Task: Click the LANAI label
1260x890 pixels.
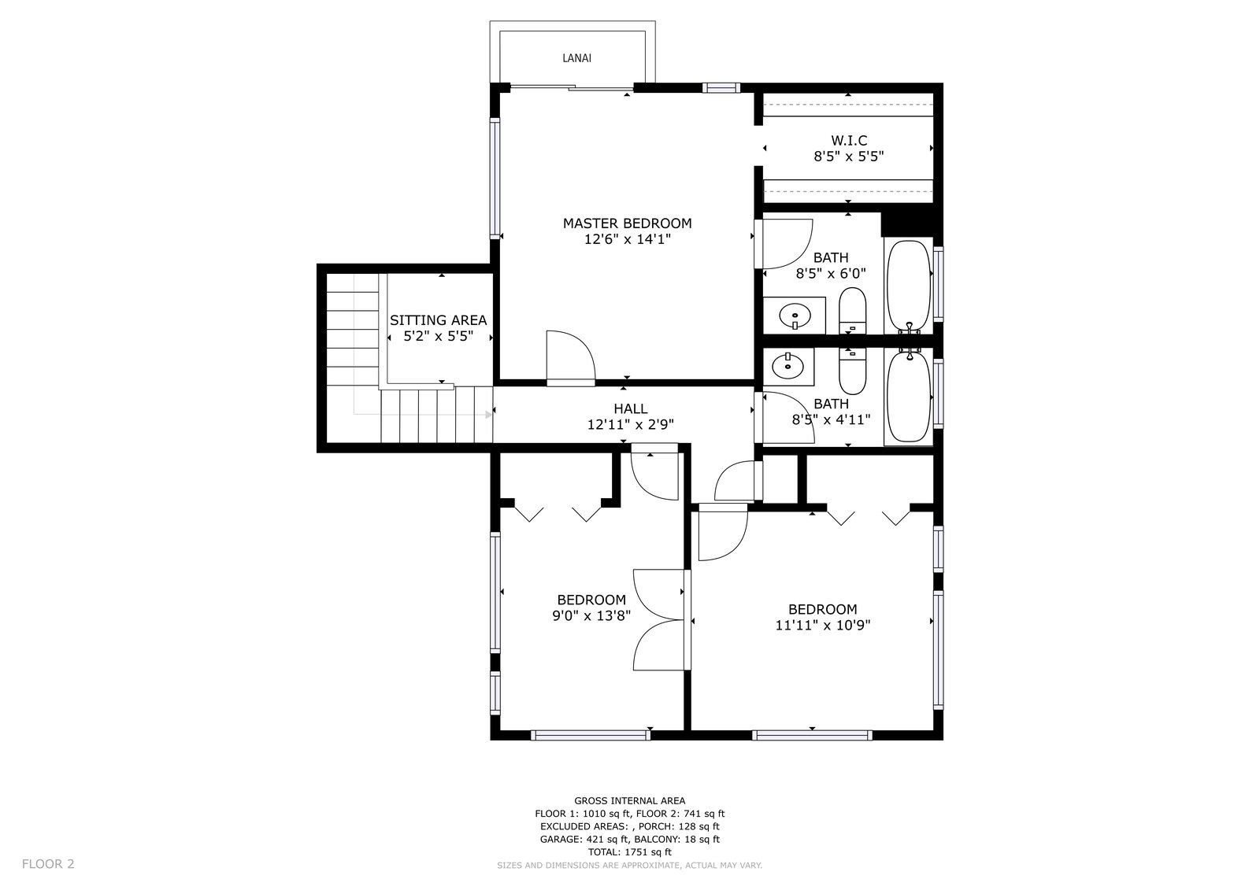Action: tap(576, 58)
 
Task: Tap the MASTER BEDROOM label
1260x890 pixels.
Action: tap(627, 223)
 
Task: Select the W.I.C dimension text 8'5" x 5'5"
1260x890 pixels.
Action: tap(849, 157)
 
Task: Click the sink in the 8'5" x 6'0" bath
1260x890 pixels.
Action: tap(795, 315)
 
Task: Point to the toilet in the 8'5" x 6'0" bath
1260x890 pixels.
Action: tap(852, 311)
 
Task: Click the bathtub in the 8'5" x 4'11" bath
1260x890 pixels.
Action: tap(909, 396)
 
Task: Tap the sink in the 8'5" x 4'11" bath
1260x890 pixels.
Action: tap(787, 367)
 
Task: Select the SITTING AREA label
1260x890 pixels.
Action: tap(438, 320)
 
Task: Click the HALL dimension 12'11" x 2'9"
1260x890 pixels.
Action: tap(631, 424)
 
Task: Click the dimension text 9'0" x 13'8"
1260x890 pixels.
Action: tap(591, 615)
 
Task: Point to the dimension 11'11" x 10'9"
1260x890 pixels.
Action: tap(823, 625)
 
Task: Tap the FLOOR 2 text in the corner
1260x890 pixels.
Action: tap(48, 864)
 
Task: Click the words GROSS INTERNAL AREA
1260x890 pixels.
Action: tap(629, 800)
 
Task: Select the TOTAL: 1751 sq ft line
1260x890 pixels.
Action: tap(629, 852)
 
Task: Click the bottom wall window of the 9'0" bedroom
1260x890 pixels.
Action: tap(590, 735)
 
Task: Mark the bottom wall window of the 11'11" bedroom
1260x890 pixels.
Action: tap(812, 735)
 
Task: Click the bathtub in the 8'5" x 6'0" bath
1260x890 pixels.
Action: tap(909, 286)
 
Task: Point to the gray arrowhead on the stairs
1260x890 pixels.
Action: tap(489, 415)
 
